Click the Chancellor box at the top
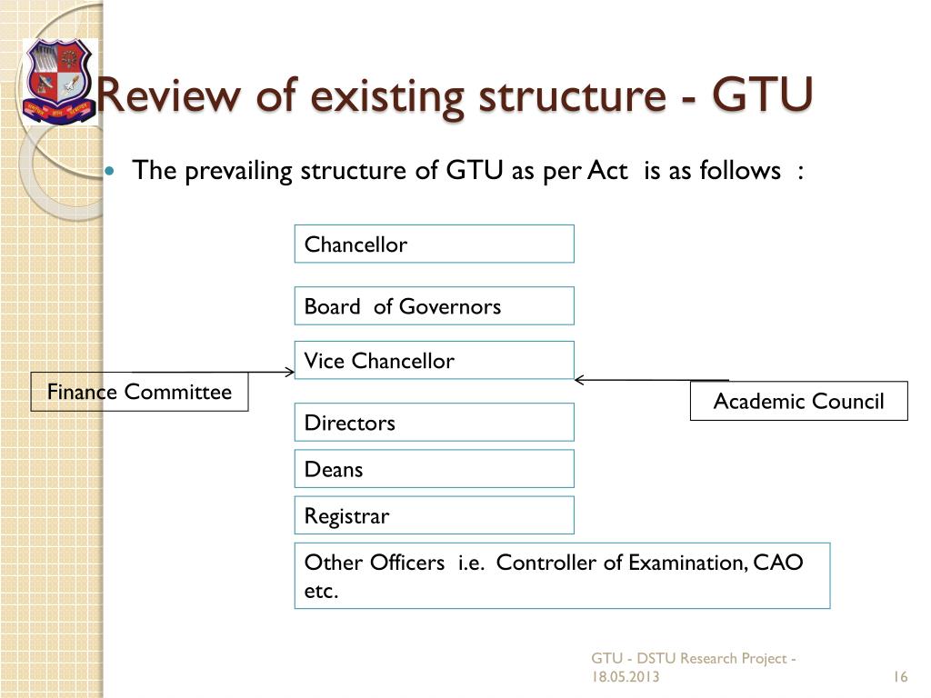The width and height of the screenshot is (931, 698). tap(434, 244)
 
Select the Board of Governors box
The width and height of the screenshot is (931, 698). tap(434, 306)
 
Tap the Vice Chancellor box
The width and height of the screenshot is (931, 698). tap(434, 360)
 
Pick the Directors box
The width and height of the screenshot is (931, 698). tap(434, 422)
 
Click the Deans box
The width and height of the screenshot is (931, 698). tap(434, 469)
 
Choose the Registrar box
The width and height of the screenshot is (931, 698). tap(434, 515)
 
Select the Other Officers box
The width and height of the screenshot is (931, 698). tap(562, 576)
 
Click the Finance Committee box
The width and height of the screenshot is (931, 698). tap(139, 392)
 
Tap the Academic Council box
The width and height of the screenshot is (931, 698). tap(798, 401)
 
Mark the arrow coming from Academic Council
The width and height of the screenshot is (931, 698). tap(651, 380)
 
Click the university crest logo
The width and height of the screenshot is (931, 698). tap(58, 81)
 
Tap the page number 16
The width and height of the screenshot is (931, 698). tap(901, 677)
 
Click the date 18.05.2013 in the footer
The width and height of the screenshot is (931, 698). tap(626, 677)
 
